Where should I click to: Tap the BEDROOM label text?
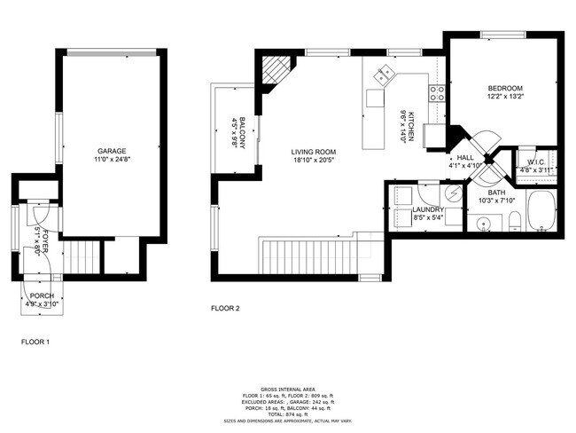[x=505, y=88]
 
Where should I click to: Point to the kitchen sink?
[x=384, y=76]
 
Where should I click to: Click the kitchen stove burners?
[x=436, y=91]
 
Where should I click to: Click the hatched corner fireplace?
[x=276, y=70]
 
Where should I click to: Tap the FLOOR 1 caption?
[x=35, y=341]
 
